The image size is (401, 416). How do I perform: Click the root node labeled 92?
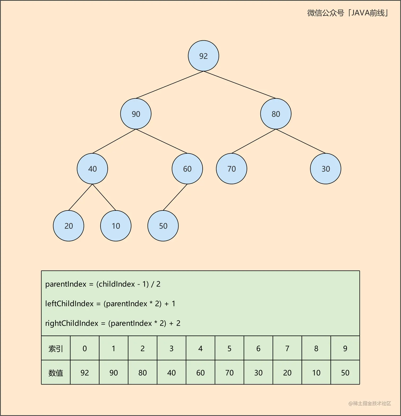pos(203,56)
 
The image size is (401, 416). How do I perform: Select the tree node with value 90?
pos(136,114)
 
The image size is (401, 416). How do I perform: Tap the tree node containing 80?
pos(276,114)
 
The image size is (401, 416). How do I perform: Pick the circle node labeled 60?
pos(187,169)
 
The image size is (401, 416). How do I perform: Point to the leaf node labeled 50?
pos(163,226)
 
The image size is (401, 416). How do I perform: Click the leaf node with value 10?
pos(116,226)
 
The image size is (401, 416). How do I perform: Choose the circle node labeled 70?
pos(232,169)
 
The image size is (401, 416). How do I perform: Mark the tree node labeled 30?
pos(325,169)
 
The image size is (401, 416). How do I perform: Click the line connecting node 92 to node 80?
pos(240,85)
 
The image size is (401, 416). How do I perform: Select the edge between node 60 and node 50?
pos(175,197)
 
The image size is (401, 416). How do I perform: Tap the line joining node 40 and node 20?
pos(80,197)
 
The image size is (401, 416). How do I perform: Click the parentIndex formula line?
pos(103,284)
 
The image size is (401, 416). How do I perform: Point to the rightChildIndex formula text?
pos(113,323)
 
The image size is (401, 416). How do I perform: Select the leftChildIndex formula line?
pos(110,303)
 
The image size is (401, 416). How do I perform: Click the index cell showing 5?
pos(229,348)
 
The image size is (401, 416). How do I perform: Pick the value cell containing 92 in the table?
pos(85,372)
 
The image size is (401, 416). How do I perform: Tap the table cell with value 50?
pos(345,372)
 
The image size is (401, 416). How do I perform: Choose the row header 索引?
pos(56,348)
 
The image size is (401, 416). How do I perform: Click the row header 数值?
pos(56,372)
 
